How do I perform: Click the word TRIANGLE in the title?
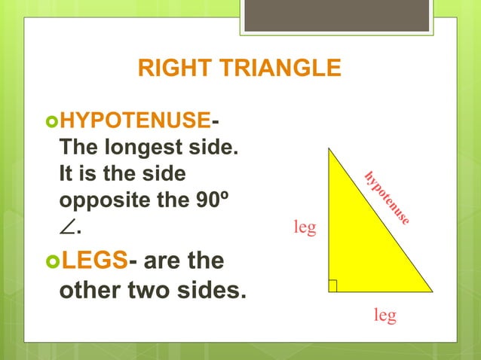pyautogui.click(x=274, y=69)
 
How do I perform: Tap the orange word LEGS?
pyautogui.click(x=93, y=261)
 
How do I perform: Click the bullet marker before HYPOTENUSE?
pyautogui.click(x=51, y=120)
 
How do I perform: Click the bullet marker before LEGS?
pyautogui.click(x=51, y=262)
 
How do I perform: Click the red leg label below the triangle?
pyautogui.click(x=385, y=316)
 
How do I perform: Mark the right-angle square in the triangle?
pyautogui.click(x=332, y=285)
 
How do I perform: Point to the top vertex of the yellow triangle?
pyautogui.click(x=328, y=148)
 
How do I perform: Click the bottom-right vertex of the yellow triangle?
pyautogui.click(x=431, y=291)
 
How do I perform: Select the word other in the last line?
pyautogui.click(x=90, y=291)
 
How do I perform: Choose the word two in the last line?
pyautogui.click(x=151, y=291)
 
